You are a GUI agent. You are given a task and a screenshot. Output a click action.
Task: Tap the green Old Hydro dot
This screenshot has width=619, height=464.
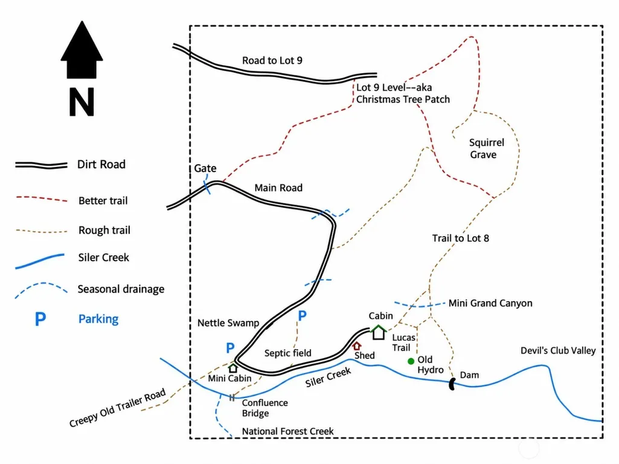tap(411, 361)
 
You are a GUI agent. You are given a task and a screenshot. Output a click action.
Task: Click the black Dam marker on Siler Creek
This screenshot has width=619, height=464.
tap(452, 384)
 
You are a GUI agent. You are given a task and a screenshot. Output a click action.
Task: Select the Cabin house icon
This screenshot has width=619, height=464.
tap(379, 332)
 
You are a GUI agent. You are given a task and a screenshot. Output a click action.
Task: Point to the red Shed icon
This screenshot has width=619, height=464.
tap(357, 346)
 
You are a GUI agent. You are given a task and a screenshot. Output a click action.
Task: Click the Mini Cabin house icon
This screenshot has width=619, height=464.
tap(233, 368)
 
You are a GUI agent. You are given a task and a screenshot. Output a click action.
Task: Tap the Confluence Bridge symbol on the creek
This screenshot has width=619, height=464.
tap(232, 397)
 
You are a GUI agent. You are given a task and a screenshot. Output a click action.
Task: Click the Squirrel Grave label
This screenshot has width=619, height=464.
tap(486, 148)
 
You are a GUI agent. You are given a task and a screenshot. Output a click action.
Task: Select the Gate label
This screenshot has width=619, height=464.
tap(205, 168)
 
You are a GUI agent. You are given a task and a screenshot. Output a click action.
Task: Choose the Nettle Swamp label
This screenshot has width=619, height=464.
tap(228, 323)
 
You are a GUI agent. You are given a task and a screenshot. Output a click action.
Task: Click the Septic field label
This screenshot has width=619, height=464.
tap(288, 353)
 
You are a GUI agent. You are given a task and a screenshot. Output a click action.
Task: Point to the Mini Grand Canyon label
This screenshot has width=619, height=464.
tap(490, 304)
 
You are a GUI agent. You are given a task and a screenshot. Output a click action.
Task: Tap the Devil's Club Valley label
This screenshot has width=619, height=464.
tap(558, 351)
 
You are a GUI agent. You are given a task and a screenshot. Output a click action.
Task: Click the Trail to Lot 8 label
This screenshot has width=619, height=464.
tap(460, 238)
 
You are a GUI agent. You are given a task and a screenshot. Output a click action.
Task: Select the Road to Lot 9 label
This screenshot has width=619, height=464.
tap(272, 60)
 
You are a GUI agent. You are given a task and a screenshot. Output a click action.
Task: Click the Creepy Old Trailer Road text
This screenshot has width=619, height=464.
tap(117, 408)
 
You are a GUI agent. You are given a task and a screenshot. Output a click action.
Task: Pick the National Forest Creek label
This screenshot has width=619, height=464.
tap(288, 431)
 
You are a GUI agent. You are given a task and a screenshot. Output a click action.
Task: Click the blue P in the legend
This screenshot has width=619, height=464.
tap(40, 319)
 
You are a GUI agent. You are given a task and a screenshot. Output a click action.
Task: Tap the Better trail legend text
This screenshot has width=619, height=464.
tap(103, 201)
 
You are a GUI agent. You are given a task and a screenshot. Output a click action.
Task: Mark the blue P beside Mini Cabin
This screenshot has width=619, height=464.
tap(230, 348)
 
